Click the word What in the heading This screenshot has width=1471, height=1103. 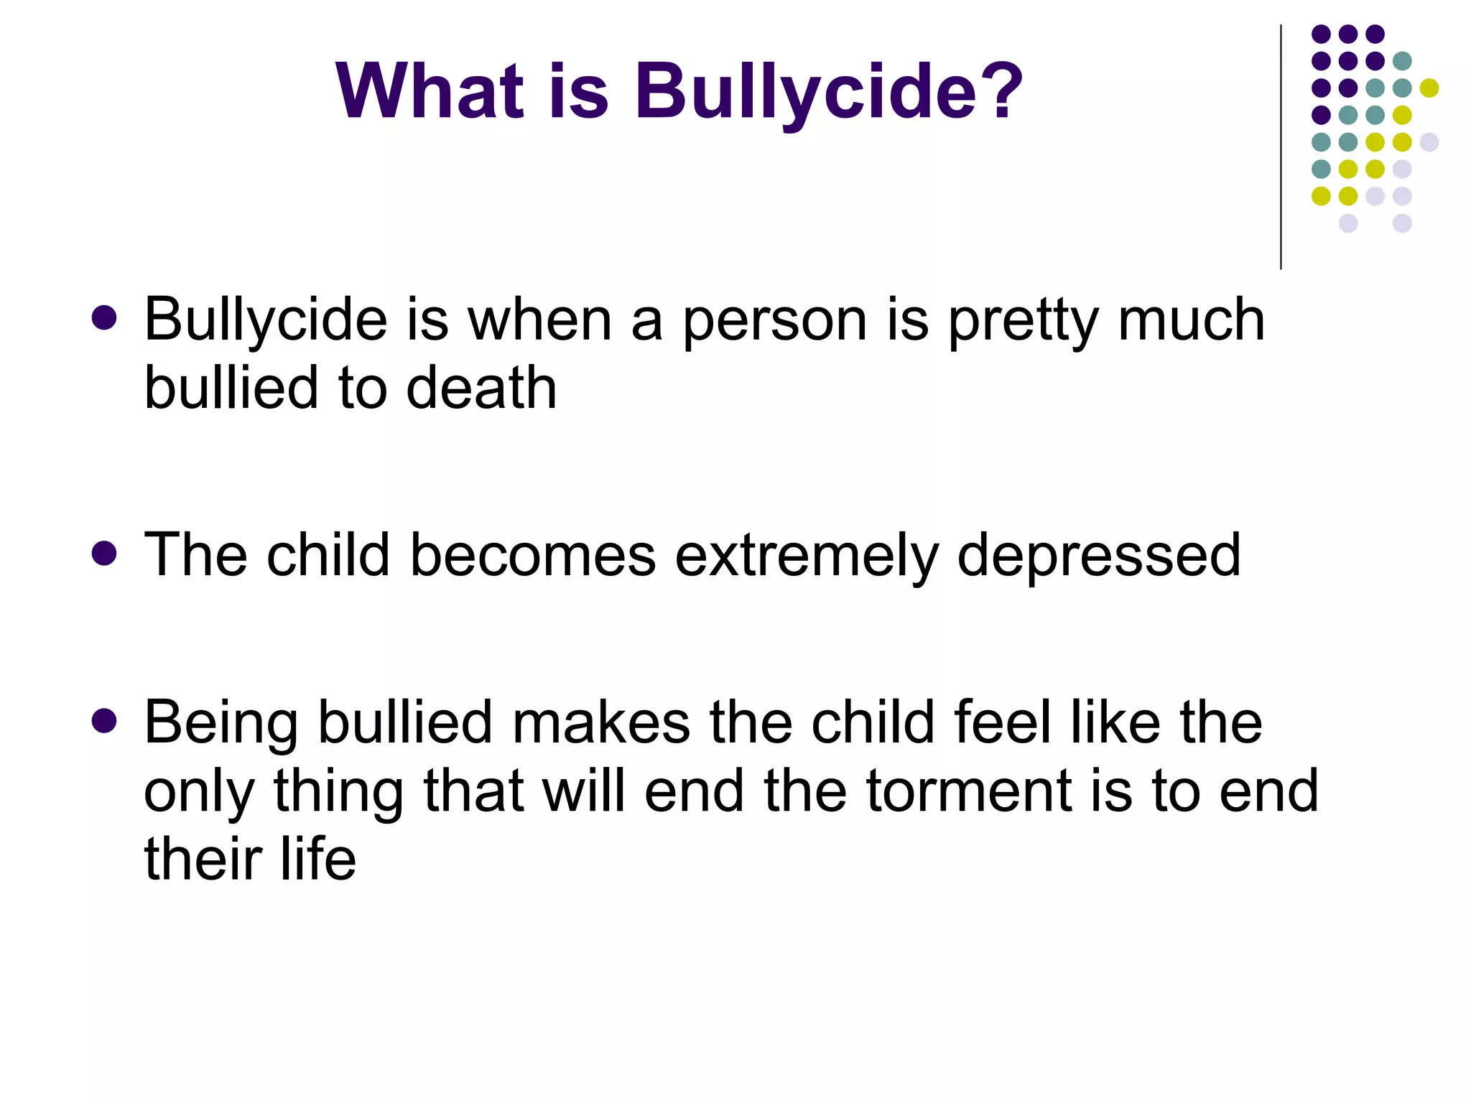pos(430,91)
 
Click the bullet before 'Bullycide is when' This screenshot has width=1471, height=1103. pos(105,318)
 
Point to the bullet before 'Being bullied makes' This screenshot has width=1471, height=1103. pos(105,721)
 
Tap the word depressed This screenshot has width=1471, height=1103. pos(1099,555)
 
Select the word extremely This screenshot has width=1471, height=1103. pos(806,555)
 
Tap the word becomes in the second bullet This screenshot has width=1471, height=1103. pos(532,555)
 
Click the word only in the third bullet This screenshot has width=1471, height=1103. pos(199,791)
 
